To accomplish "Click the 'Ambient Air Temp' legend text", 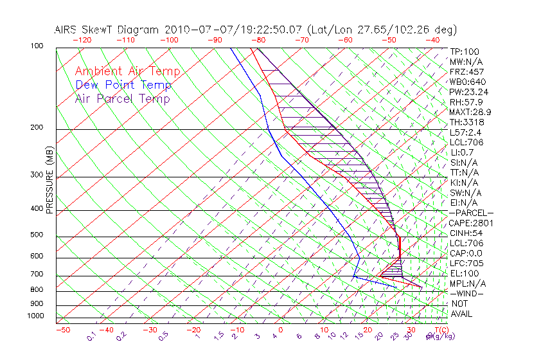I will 127,72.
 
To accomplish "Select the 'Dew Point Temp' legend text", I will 123,85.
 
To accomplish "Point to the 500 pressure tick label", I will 37,235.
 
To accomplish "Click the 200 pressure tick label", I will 37,128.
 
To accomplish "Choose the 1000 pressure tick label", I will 35,316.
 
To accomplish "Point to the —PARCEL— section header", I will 471,213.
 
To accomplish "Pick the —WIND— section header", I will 467,293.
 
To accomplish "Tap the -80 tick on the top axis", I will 258,40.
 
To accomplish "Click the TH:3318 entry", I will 467,122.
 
